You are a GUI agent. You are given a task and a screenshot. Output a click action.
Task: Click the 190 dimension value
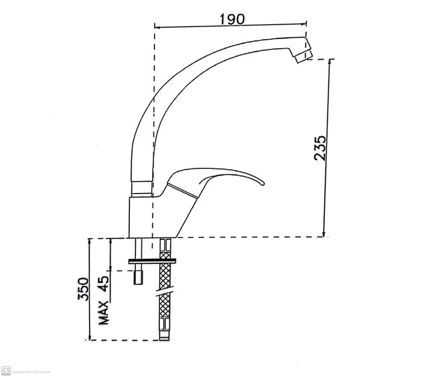click(232, 19)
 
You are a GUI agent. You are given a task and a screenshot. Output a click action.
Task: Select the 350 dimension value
click(84, 289)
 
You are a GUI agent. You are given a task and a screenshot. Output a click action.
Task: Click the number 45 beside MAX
click(104, 283)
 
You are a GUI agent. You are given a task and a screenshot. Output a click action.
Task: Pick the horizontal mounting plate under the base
click(153, 260)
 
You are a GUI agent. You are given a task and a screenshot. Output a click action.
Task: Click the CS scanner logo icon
click(6, 370)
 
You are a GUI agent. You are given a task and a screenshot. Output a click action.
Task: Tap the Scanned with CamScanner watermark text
click(30, 371)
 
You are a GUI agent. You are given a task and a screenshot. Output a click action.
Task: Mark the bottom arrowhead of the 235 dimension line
click(325, 234)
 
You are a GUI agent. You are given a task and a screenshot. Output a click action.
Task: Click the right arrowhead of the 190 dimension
click(304, 26)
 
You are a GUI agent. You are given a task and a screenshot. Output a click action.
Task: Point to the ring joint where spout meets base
click(142, 187)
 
